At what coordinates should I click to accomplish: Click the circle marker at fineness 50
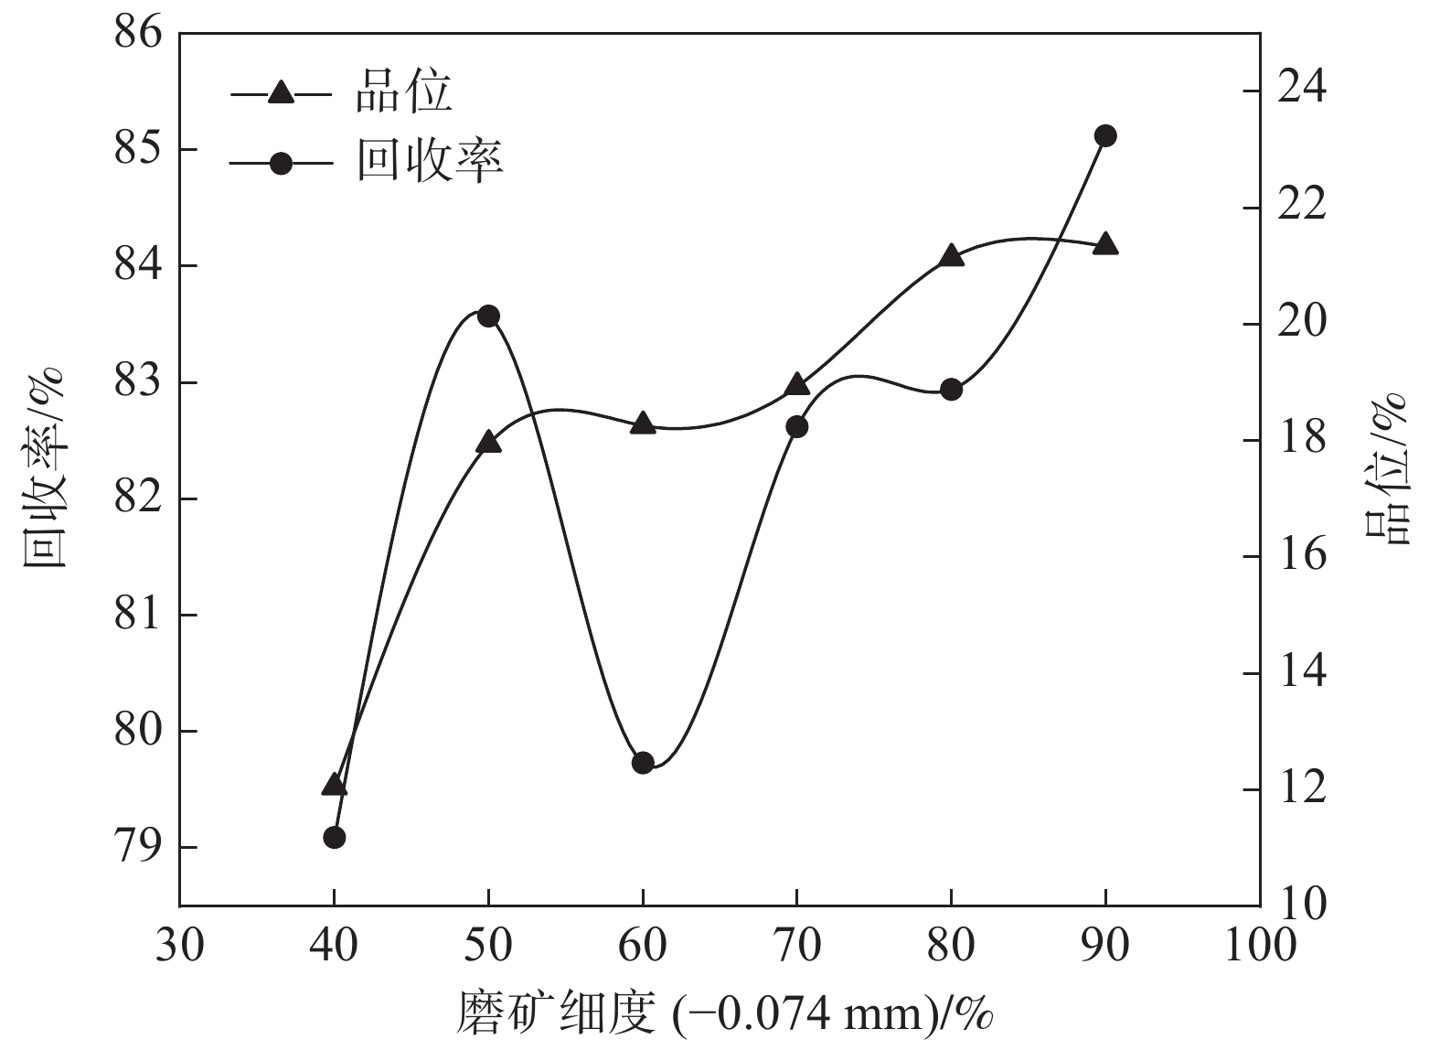point(488,316)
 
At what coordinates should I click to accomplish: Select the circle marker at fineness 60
point(643,763)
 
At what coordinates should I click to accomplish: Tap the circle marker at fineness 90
point(1105,136)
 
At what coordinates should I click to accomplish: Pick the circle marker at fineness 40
point(334,837)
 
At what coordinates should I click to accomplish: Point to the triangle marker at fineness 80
point(951,256)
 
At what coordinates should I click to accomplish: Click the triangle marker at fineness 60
point(643,423)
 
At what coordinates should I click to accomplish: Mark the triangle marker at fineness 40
point(334,785)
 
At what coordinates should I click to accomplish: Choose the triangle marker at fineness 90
point(1105,244)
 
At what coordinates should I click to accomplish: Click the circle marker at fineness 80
point(951,390)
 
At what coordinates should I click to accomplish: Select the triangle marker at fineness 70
point(797,384)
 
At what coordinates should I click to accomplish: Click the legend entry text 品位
point(403,92)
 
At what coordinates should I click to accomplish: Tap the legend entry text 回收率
point(429,162)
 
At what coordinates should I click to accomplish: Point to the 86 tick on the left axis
point(138,33)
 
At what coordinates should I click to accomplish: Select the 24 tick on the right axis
point(1300,91)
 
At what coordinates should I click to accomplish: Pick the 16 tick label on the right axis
point(1300,556)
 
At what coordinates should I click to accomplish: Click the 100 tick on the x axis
point(1260,944)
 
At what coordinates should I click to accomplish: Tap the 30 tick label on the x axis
point(179,944)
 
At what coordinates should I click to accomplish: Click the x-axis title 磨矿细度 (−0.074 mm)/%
point(724,1013)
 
